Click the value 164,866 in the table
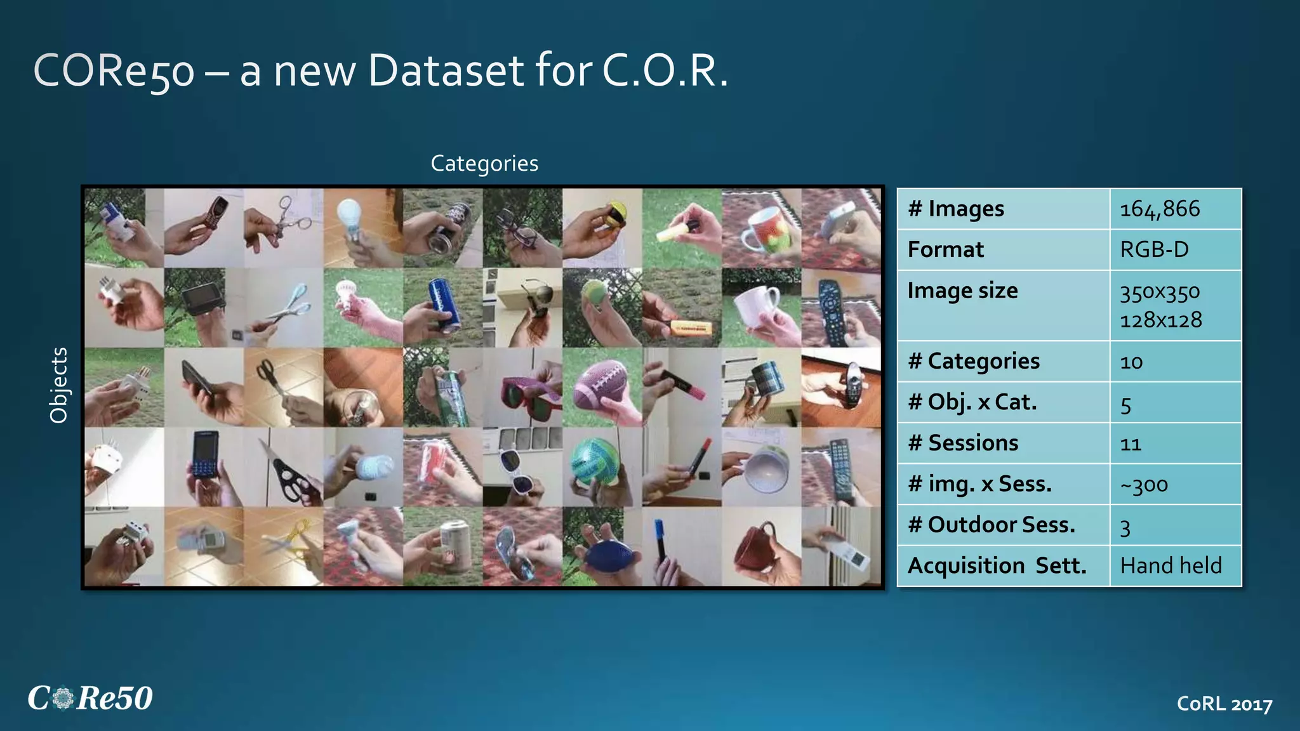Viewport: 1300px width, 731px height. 1159,209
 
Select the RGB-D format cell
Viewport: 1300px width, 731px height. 1154,249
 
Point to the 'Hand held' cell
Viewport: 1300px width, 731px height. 1171,565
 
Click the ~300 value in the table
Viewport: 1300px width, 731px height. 1144,485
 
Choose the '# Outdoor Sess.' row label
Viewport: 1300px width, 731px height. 992,525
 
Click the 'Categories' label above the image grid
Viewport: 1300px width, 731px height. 484,163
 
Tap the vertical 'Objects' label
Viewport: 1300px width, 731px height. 58,385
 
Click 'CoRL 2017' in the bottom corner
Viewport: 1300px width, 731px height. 1224,704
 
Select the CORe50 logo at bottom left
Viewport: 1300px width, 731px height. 90,698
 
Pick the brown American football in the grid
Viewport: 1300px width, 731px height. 600,386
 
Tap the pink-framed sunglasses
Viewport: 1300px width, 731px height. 524,388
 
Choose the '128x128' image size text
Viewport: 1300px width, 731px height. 1160,320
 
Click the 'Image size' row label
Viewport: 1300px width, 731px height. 962,291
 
